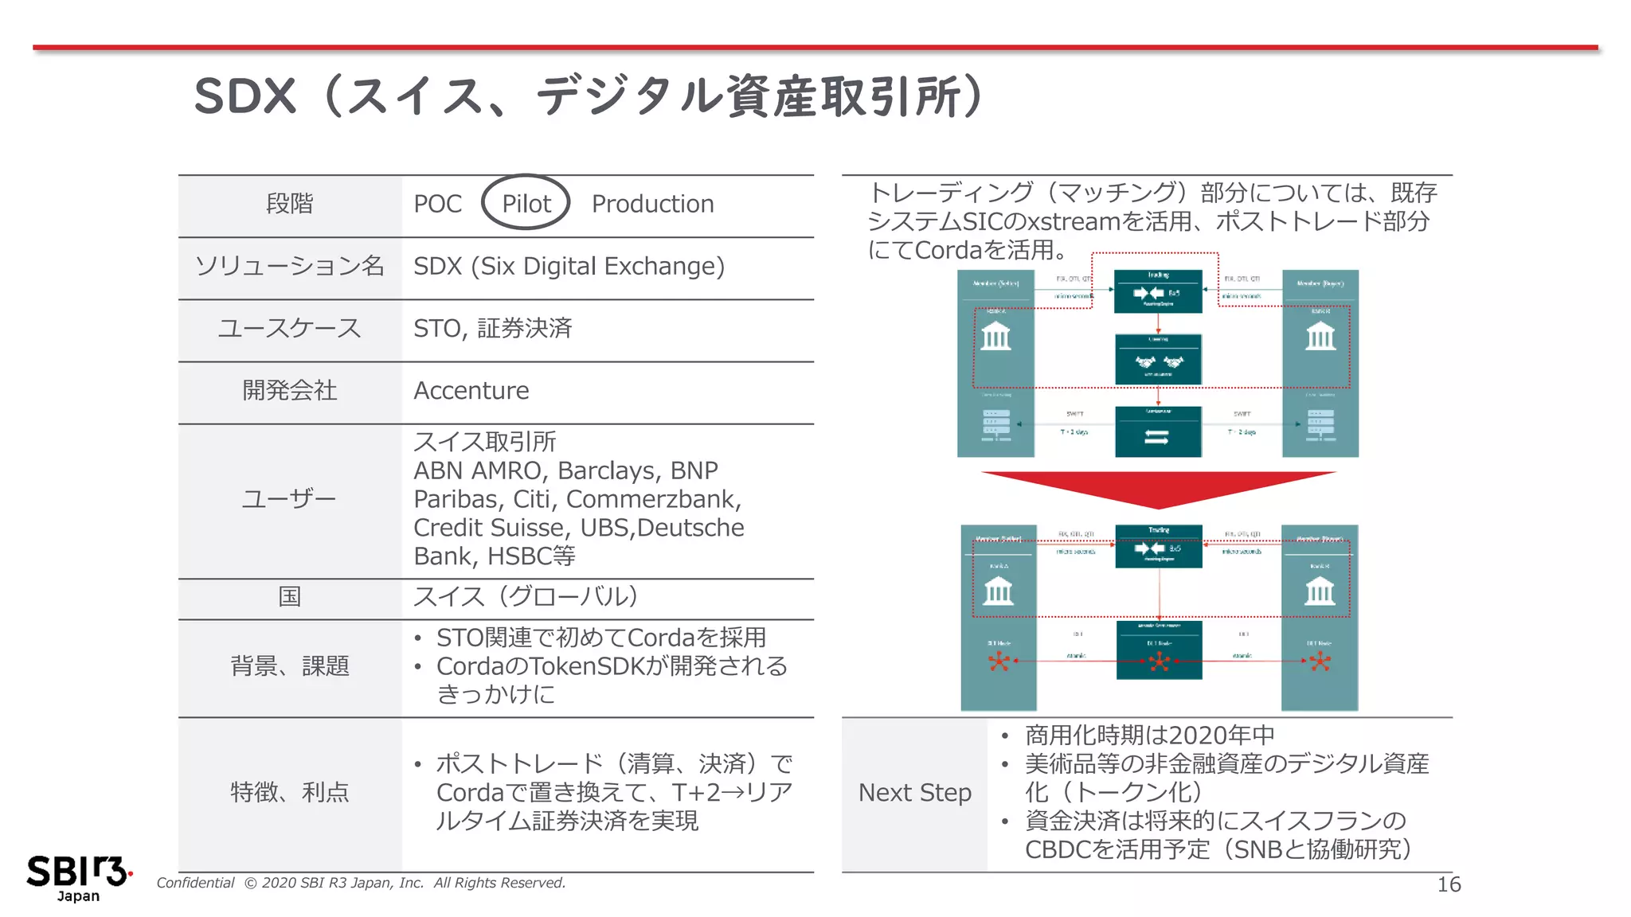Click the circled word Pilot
[526, 204]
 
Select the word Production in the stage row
[652, 204]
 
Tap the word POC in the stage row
[437, 204]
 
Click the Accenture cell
[471, 391]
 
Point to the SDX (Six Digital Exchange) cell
[569, 266]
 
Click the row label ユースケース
[290, 328]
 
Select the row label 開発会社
[290, 391]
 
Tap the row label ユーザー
[290, 499]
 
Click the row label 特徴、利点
[290, 792]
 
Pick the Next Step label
[914, 793]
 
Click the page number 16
[1449, 884]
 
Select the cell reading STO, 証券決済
[492, 328]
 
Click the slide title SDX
[245, 97]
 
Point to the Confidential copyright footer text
[361, 883]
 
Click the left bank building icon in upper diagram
[995, 337]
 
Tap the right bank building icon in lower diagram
[1320, 591]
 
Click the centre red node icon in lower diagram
[1160, 661]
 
